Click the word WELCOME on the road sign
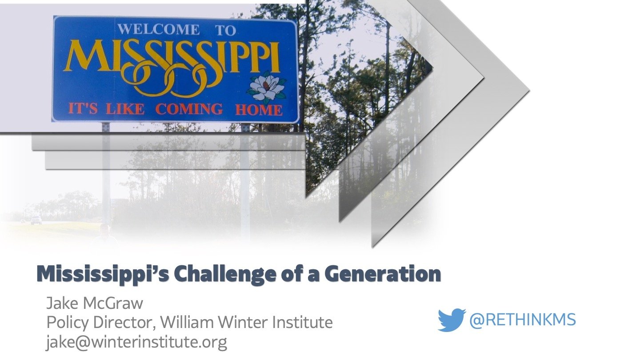159,29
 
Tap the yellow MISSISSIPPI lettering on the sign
172,66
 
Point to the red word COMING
189,109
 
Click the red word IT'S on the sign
83,108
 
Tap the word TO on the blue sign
226,30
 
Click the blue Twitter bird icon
451,320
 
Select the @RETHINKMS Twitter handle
523,320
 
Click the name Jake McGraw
95,304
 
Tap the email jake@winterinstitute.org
136,342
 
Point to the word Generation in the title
383,274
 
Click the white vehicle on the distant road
36,220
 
